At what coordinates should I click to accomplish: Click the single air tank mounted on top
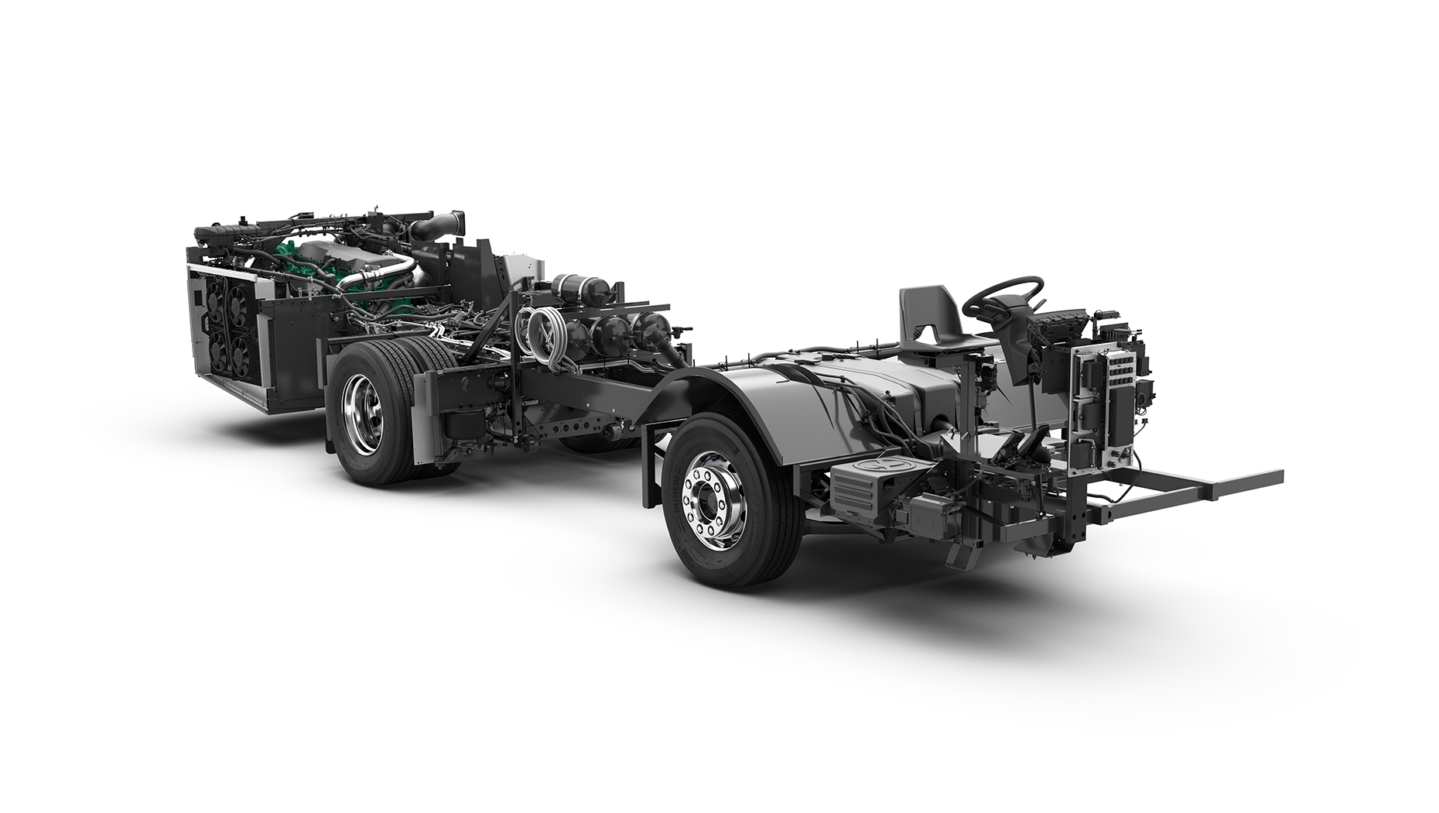pos(576,290)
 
